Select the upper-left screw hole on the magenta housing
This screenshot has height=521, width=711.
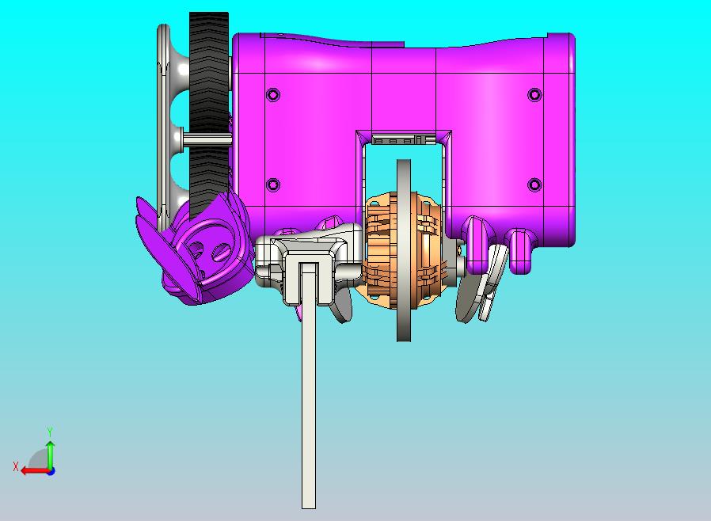pos(273,95)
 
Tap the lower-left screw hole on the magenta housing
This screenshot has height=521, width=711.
pos(273,185)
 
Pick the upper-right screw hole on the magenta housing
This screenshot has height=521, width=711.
pos(535,95)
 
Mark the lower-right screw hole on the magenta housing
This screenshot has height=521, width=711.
pos(535,185)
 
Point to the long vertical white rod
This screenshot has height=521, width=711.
pos(309,386)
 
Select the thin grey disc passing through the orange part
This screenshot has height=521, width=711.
pos(404,250)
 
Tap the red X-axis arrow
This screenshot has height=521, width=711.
pos(36,470)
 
